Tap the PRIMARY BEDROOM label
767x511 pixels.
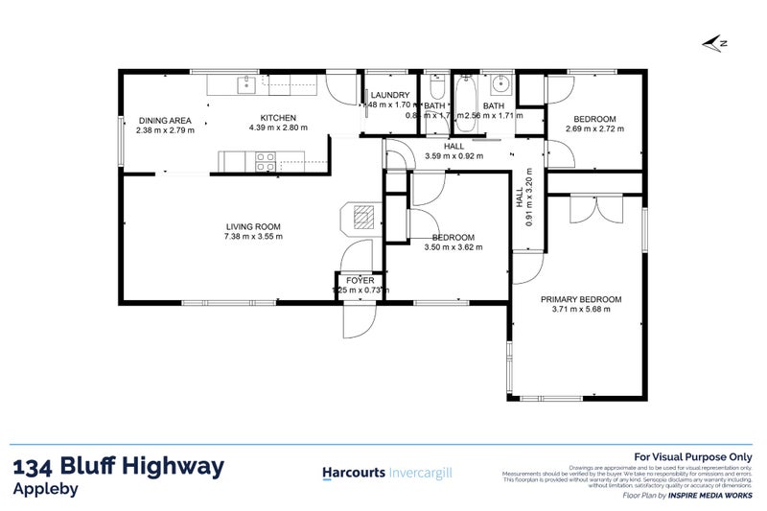tap(580, 299)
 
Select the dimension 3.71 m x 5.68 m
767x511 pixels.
tap(580, 310)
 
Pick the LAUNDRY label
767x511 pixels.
tap(391, 96)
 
